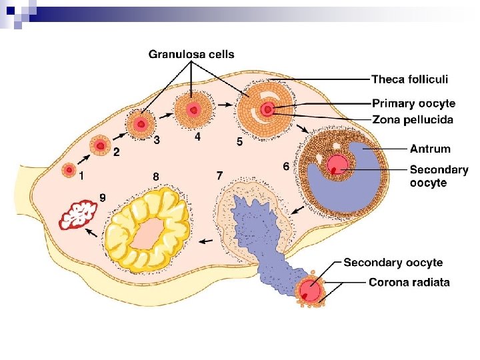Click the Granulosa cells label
click(x=191, y=54)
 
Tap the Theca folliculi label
click(x=409, y=79)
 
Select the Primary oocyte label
click(x=413, y=103)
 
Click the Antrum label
click(x=430, y=149)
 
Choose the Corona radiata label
click(x=409, y=282)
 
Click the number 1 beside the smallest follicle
click(x=81, y=177)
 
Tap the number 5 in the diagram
click(x=239, y=142)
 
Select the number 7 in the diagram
click(x=219, y=175)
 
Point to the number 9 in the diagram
click(x=103, y=197)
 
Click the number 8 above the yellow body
click(x=155, y=177)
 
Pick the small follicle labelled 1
click(x=68, y=170)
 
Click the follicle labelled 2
click(x=101, y=145)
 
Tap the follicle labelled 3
click(x=141, y=124)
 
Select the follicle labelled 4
click(x=193, y=109)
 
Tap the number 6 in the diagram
click(x=286, y=167)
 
